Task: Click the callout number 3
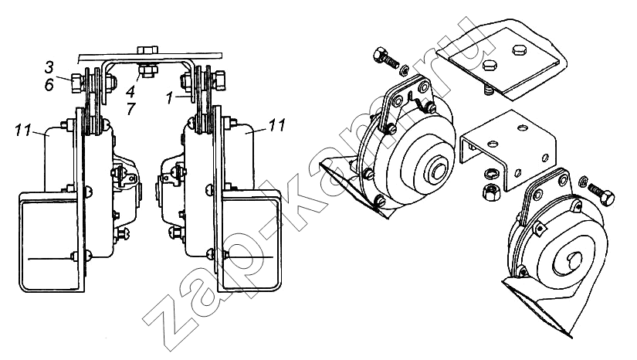(49, 67)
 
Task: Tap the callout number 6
(49, 85)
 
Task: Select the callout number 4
(130, 91)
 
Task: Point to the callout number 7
(130, 109)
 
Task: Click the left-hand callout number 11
(23, 131)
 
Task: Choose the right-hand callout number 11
(277, 125)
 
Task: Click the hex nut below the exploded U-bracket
(490, 191)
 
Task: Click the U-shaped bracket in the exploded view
(508, 150)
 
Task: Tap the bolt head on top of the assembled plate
(148, 49)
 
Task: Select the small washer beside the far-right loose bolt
(583, 181)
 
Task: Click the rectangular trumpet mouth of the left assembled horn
(49, 242)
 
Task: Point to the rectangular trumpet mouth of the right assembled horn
(251, 241)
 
